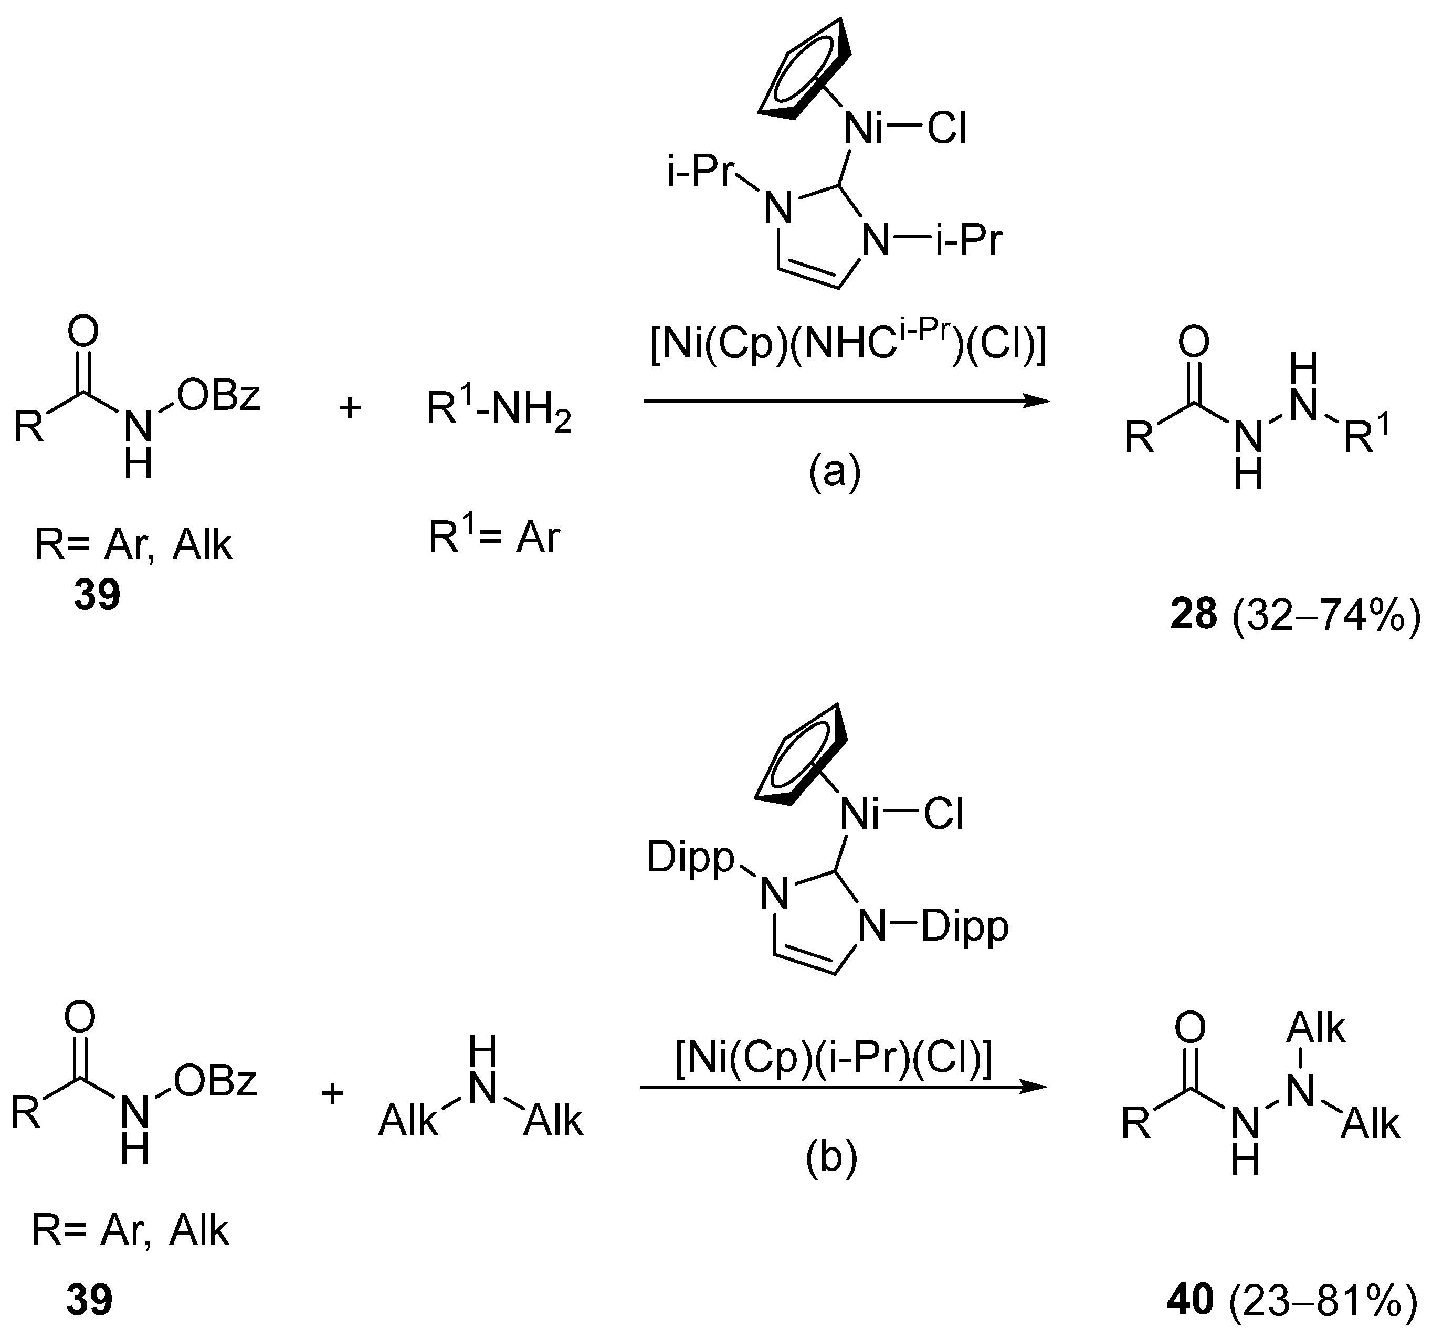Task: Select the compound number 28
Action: (1194, 616)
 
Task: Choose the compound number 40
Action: (1190, 1301)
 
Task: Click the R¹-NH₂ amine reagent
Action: (499, 410)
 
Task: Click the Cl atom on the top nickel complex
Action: (946, 130)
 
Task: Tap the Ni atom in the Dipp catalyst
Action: (861, 815)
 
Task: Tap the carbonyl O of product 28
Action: (1194, 342)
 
